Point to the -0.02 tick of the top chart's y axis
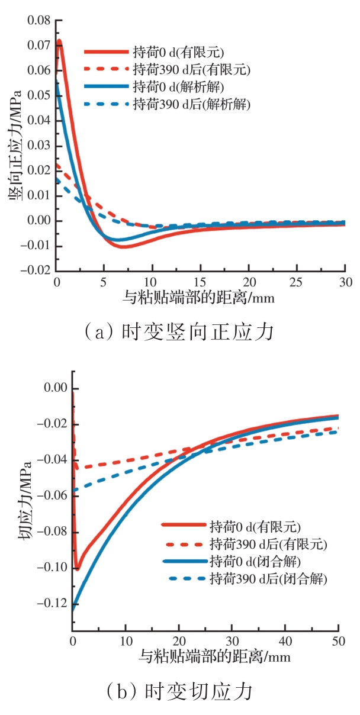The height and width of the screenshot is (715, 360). (x=37, y=270)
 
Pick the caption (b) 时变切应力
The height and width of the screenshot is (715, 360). (x=180, y=691)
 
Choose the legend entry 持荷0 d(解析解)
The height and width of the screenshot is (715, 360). (x=178, y=87)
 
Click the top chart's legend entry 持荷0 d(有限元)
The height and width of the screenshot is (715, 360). (x=178, y=51)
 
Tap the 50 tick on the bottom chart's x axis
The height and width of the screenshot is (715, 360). (x=338, y=641)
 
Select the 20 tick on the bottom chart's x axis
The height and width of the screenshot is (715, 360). (x=179, y=641)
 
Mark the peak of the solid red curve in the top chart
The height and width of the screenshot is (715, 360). (x=59, y=41)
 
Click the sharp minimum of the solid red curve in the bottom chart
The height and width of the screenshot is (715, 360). (x=77, y=569)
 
